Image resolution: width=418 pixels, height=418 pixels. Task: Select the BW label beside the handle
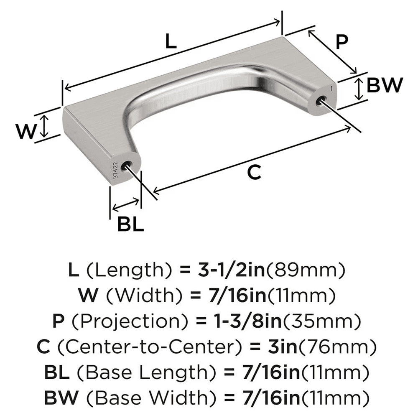[384, 86]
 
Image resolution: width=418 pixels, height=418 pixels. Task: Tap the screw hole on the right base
[321, 100]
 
